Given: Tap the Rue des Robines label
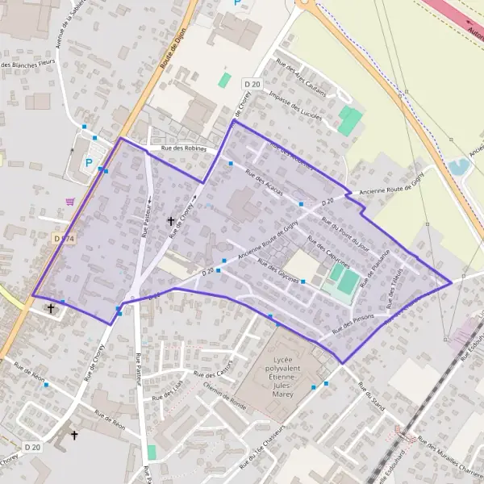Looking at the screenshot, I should [x=184, y=148].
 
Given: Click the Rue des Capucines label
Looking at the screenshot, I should [x=328, y=255].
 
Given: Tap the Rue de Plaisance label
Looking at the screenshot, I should [x=374, y=268].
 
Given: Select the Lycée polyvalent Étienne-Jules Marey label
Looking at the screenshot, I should [x=284, y=370].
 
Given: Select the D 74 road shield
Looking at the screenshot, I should [x=64, y=239].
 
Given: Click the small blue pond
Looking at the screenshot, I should [x=460, y=167].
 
